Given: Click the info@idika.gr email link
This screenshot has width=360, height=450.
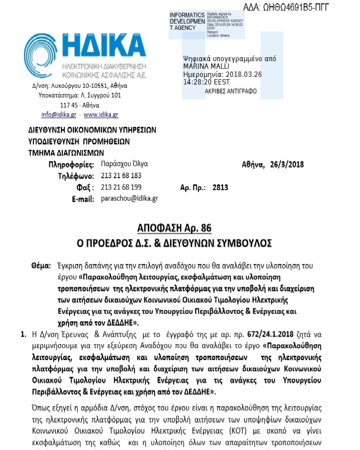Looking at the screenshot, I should point(59,115).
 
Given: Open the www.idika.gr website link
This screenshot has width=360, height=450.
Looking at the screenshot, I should point(101,115).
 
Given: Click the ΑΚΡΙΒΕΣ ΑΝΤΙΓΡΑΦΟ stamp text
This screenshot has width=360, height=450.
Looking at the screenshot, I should point(230,91).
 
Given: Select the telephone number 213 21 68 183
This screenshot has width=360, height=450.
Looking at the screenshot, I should point(121,176).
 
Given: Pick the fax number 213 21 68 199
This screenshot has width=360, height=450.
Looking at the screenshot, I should point(121,187).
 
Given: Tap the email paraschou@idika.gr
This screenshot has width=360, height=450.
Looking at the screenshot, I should point(130,198).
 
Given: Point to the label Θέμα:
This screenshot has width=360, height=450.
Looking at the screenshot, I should point(41,265).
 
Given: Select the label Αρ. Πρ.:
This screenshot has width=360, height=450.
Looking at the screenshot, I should point(192,187).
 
